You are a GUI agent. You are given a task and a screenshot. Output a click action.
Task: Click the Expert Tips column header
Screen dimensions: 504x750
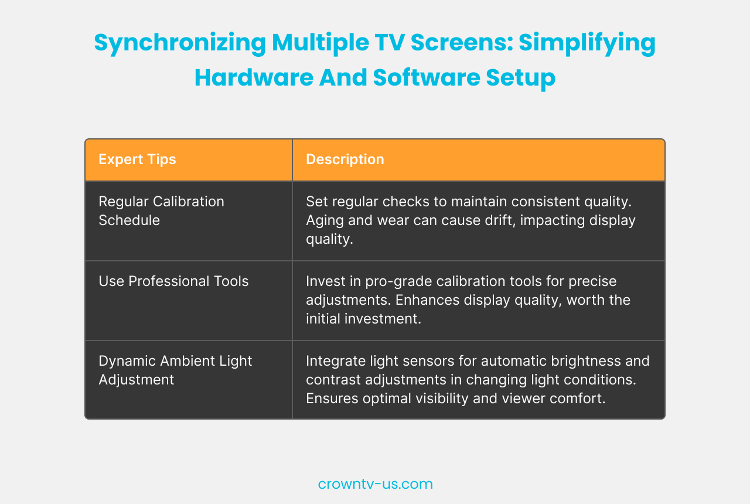137,159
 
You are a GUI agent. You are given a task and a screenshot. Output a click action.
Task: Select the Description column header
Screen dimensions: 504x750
345,159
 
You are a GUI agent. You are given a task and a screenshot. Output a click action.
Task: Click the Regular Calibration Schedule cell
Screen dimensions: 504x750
161,210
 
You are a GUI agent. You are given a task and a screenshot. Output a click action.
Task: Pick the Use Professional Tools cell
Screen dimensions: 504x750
173,281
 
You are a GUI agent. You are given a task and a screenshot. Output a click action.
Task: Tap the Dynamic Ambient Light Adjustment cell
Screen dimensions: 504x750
175,370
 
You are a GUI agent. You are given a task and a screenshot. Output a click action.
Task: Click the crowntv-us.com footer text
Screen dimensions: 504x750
375,484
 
